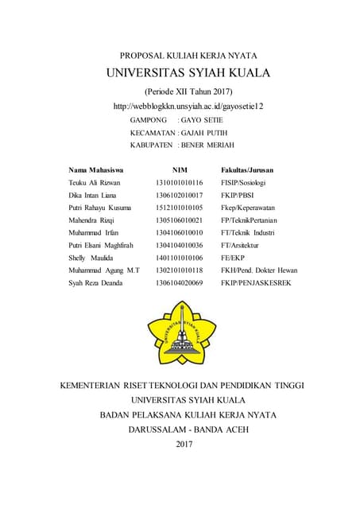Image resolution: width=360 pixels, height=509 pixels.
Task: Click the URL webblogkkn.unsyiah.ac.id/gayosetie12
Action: point(183,106)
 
